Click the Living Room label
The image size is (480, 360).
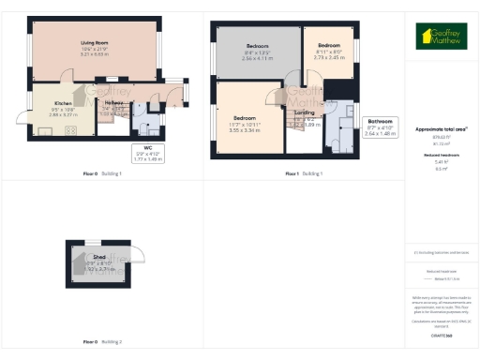(x=95, y=43)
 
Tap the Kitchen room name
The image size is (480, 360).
(x=63, y=103)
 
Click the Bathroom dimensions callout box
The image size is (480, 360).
(x=380, y=127)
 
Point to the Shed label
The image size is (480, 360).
(x=98, y=255)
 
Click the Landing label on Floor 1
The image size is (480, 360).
(x=304, y=112)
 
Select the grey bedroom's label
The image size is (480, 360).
(x=258, y=46)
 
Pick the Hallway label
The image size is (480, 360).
(x=115, y=103)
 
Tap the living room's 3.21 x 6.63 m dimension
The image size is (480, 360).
(x=95, y=54)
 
